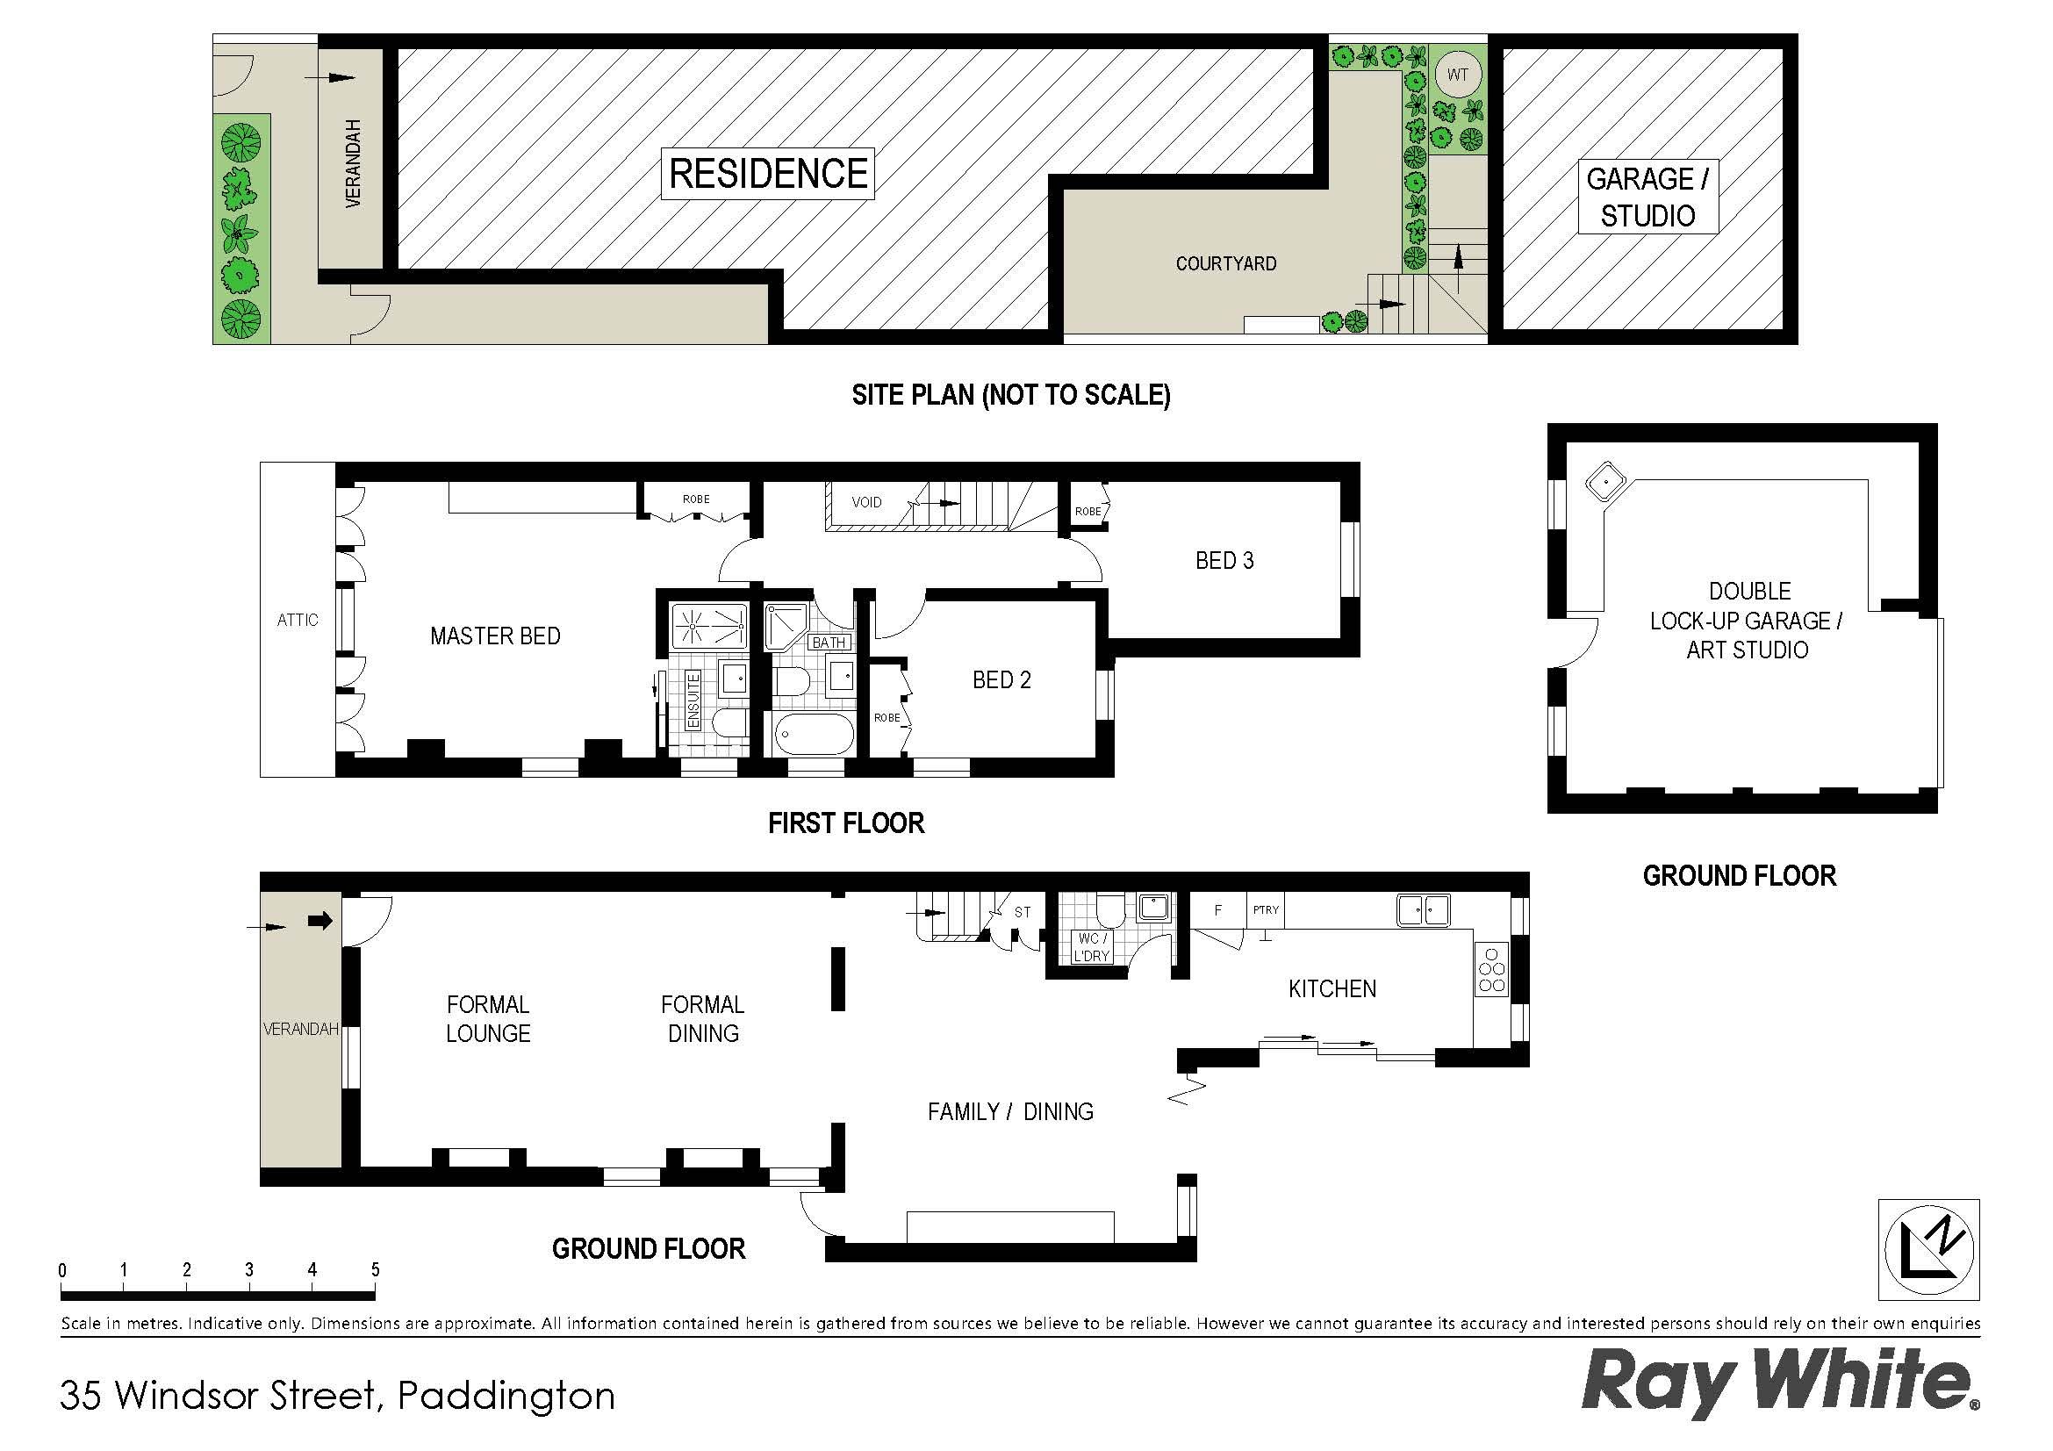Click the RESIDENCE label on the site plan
(x=768, y=174)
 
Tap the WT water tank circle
(x=1458, y=75)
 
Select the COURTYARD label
(x=1226, y=263)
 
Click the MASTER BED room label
(x=495, y=636)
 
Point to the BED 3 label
(x=1224, y=561)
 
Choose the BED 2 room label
(x=1001, y=680)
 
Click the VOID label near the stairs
(x=866, y=502)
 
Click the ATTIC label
(x=297, y=620)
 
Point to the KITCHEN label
(x=1332, y=988)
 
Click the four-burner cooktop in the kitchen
(x=1491, y=968)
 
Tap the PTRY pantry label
(x=1266, y=910)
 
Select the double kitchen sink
(x=1424, y=910)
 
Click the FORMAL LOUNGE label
(x=488, y=1019)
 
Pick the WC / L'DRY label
(x=1091, y=948)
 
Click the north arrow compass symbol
(x=1928, y=1249)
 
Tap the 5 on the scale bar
(x=375, y=1269)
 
